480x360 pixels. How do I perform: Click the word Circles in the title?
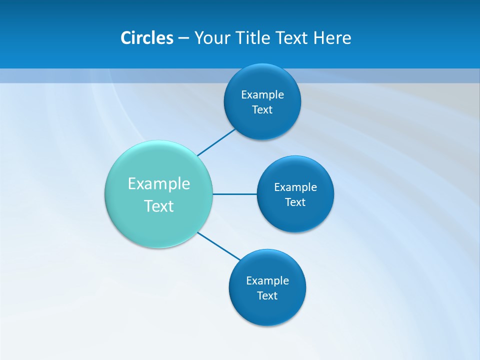[x=146, y=38]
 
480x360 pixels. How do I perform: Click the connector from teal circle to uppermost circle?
[x=216, y=142]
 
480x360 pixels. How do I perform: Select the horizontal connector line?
[x=234, y=194]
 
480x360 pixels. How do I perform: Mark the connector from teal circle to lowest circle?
[x=218, y=246]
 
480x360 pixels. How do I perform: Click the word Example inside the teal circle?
[x=159, y=183]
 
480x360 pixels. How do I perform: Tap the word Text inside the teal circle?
[x=159, y=206]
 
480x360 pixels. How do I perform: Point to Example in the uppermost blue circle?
[x=262, y=94]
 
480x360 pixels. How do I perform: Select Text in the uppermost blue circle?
[x=262, y=109]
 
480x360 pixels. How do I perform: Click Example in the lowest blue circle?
[x=267, y=280]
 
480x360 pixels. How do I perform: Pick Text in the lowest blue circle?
[x=267, y=295]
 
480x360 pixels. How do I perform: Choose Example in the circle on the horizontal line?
[x=295, y=187]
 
